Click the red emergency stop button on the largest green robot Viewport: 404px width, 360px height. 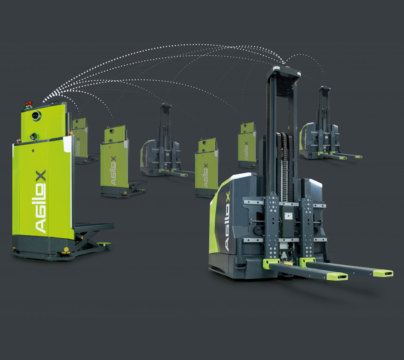click(28, 104)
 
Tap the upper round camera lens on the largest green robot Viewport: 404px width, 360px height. click(37, 116)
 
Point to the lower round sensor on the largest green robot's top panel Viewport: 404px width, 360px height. click(33, 136)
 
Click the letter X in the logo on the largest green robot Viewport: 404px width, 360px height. click(41, 175)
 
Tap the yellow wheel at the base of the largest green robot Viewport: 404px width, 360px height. click(66, 249)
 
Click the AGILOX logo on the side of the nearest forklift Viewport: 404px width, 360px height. click(227, 222)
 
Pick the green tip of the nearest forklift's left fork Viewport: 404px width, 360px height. click(337, 276)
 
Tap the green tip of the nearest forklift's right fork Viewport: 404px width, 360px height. click(383, 273)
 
